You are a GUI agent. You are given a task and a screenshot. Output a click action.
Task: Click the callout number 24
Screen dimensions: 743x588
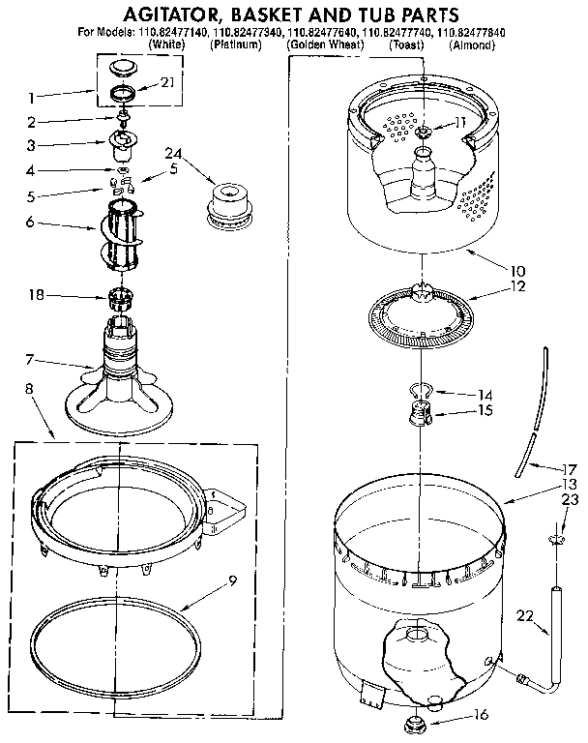173,154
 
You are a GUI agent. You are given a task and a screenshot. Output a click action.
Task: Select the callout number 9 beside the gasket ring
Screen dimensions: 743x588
232,582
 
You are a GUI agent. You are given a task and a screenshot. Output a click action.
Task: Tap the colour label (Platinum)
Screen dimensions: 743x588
237,45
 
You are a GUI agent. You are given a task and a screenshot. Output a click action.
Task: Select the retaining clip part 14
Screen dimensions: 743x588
417,391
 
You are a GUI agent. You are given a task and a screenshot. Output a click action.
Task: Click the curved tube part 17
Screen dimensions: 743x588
535,416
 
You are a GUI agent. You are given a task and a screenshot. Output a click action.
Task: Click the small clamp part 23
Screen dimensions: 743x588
558,538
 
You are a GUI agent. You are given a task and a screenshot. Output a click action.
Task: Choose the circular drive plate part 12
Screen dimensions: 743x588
421,314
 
